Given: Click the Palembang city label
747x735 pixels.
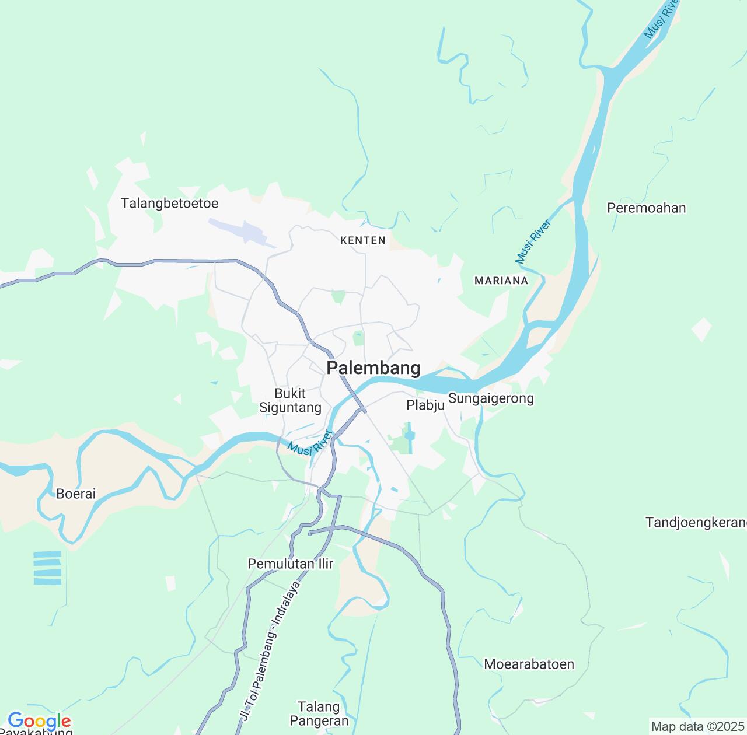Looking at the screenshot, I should [x=373, y=368].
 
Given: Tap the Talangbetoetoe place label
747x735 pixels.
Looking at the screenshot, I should [x=169, y=204].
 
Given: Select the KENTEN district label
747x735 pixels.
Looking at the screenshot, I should [x=362, y=240].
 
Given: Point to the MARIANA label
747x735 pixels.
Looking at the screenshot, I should [x=501, y=281].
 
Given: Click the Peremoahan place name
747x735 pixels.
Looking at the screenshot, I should [x=646, y=208].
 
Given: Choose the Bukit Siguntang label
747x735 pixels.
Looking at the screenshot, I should [x=290, y=400].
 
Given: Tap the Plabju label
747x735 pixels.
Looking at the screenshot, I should [x=425, y=405].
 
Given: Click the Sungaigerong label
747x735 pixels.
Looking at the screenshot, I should [x=491, y=399].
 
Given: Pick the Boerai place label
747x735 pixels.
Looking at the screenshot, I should [x=76, y=494].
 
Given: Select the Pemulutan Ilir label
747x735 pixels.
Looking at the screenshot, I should [x=290, y=563].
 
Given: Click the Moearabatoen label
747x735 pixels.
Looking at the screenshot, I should [x=529, y=664].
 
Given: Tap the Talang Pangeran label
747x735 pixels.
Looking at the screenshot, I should [x=319, y=713].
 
